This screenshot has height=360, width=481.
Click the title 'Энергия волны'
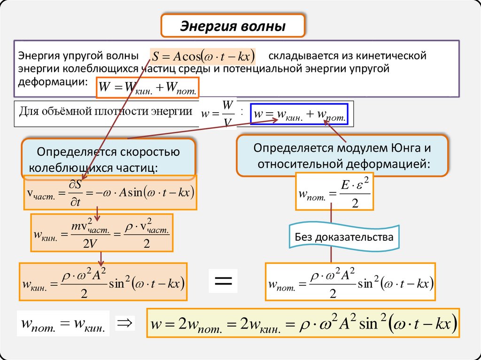(x=233, y=26)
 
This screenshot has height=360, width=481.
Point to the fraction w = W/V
(x=217, y=114)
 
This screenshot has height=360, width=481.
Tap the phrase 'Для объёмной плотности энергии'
(x=106, y=112)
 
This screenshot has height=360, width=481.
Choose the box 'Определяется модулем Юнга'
(x=342, y=156)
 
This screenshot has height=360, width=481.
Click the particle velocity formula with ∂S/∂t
(x=109, y=192)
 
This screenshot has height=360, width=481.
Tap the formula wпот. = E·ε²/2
(x=334, y=191)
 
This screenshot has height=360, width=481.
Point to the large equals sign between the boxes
(x=223, y=282)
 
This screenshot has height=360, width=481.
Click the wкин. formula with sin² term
(x=103, y=282)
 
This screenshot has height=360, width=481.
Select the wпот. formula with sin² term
(x=350, y=282)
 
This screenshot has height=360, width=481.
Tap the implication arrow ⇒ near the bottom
(x=125, y=323)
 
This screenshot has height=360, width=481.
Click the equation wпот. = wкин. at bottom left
(x=63, y=324)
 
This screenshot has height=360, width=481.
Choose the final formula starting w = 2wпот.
(x=303, y=323)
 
